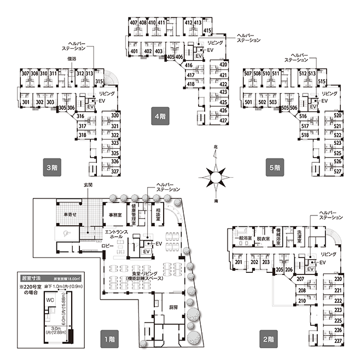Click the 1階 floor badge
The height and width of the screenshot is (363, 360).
tap(108, 338)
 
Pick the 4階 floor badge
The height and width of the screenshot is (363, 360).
tap(160, 116)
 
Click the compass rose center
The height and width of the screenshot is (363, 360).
tap(216, 176)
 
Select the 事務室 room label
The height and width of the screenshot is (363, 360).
tap(115, 215)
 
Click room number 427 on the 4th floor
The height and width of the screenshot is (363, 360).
tap(223, 120)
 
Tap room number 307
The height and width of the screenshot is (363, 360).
tap(25, 74)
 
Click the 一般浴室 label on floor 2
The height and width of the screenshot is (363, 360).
tap(242, 238)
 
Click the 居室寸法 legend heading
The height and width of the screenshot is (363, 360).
tap(24, 278)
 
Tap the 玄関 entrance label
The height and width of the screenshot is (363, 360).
tap(88, 185)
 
